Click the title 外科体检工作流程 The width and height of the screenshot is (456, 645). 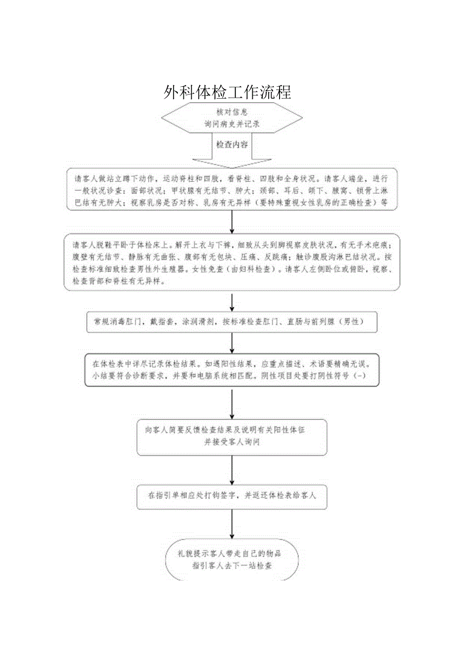pos(228,92)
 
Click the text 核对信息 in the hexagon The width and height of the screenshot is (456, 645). pos(232,112)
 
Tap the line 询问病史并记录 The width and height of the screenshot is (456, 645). pos(232,124)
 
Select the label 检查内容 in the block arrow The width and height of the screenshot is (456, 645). pos(232,144)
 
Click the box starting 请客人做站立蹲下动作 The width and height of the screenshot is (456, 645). pos(232,190)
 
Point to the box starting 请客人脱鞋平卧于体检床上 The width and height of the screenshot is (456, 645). pos(232,262)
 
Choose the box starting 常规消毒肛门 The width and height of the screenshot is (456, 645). pos(232,322)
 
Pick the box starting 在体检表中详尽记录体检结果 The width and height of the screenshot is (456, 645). pos(232,369)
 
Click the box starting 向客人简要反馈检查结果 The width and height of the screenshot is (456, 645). pos(232,436)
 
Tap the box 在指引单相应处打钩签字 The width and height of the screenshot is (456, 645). pos(232,495)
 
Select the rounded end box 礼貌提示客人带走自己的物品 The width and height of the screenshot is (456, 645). pos(232,559)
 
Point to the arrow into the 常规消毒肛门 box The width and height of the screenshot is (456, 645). pos(232,301)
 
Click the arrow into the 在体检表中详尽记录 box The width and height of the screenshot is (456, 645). pos(232,343)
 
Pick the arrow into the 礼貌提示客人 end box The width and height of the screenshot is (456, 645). pos(232,524)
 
